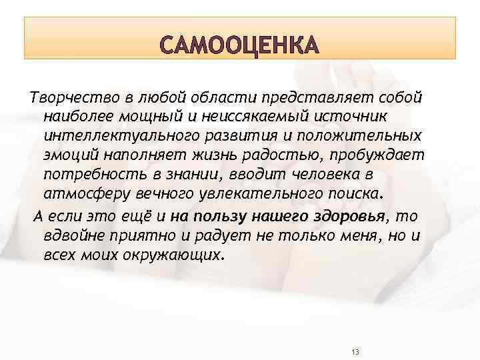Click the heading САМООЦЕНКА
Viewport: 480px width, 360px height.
pyautogui.click(x=240, y=47)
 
